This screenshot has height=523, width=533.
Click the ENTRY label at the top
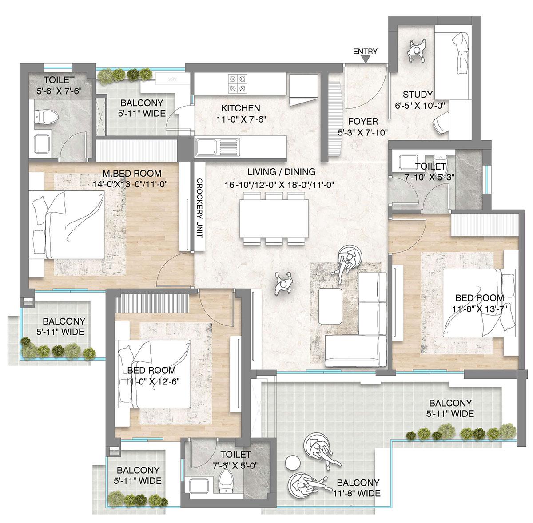coord(365,52)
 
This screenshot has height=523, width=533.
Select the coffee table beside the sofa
coord(330,307)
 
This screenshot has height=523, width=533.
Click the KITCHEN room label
coord(240,108)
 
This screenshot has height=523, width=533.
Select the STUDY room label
coord(417,95)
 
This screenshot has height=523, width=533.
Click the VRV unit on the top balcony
coord(171,80)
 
